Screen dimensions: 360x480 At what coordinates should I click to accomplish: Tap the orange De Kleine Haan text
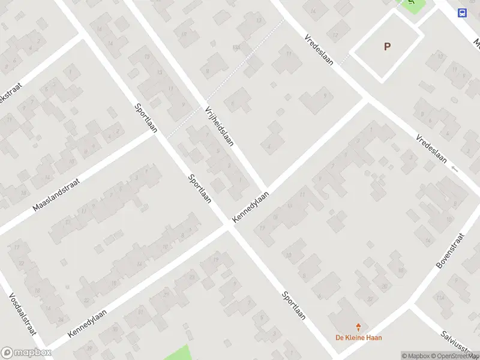(358, 337)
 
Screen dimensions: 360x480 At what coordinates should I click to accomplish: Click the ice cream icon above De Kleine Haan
(359, 327)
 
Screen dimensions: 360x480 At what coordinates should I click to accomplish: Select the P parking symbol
(387, 46)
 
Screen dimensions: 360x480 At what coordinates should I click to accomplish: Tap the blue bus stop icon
(462, 13)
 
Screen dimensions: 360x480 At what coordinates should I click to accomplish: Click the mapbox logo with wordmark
(26, 353)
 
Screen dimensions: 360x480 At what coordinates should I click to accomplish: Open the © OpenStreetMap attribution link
(455, 356)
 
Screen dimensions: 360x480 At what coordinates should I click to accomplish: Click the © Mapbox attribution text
(416, 356)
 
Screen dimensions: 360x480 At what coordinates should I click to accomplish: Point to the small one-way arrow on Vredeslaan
(455, 169)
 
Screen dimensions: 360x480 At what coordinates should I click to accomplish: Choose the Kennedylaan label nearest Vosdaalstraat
(87, 323)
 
